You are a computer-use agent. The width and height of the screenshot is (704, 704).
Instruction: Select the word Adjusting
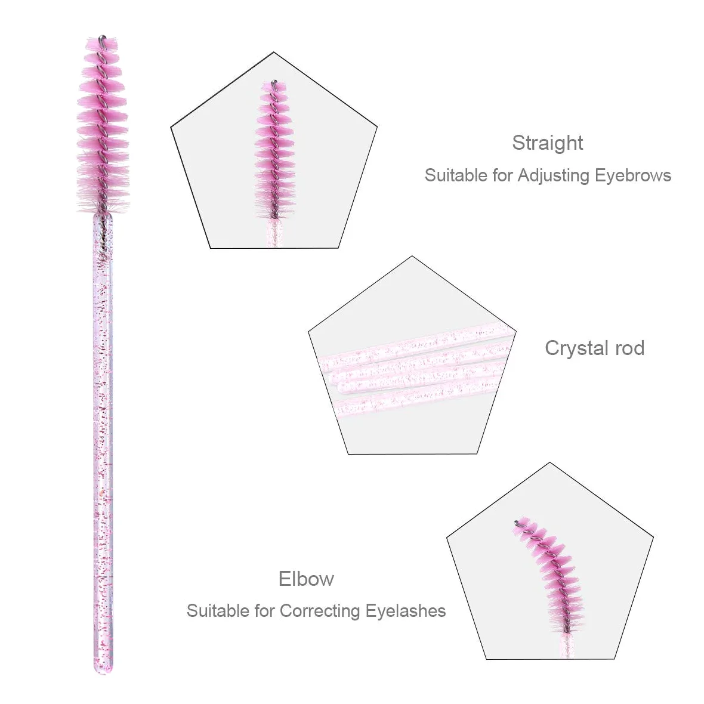pos(553,176)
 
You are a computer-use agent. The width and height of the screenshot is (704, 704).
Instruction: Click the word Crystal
pos(576,348)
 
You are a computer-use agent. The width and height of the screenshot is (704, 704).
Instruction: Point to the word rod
pos(629,348)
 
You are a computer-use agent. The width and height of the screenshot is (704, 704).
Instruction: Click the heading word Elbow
pos(306,579)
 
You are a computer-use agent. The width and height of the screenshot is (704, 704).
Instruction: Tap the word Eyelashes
pos(406,611)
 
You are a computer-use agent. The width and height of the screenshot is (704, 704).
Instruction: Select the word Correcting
pos(320,612)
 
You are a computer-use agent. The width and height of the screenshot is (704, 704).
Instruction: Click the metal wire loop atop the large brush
pos(103,38)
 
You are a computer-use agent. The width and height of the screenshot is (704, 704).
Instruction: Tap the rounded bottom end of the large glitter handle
pos(103,669)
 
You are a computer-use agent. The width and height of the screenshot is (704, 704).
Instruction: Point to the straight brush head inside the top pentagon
pos(273,150)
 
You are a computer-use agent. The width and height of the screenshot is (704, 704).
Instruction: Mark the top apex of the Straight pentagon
pos(274,52)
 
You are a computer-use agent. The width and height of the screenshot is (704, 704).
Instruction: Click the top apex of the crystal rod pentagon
pos(412,257)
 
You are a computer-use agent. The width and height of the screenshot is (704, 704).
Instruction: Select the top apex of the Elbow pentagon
pos(550,462)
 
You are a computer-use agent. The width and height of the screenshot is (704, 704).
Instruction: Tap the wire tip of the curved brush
pos(517,523)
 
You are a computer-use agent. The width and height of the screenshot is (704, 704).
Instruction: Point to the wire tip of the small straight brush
pos(274,82)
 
